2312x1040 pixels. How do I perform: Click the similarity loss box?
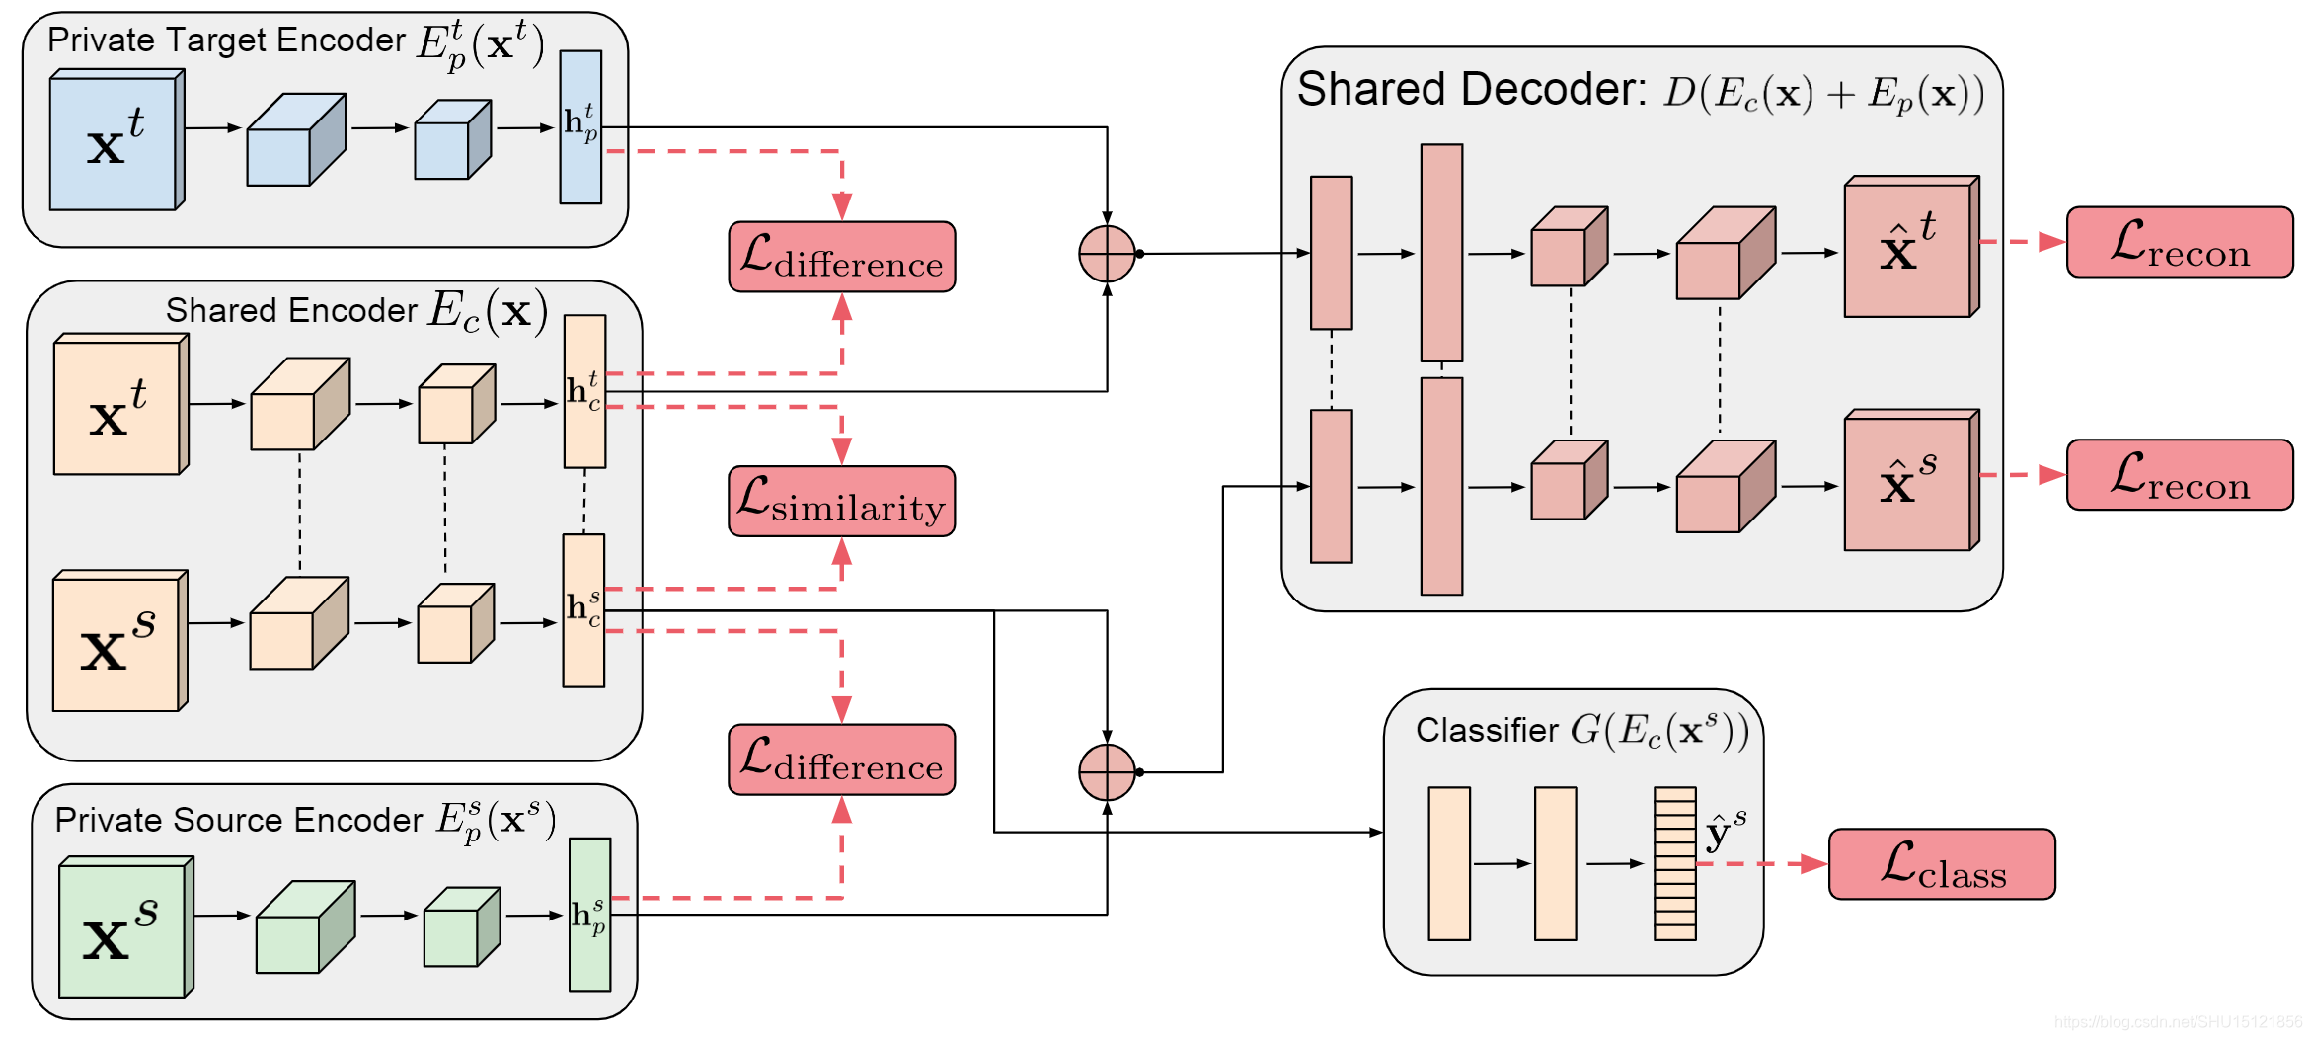click(x=841, y=502)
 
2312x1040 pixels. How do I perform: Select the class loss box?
click(x=1941, y=864)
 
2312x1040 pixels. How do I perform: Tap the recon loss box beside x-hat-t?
click(x=2179, y=242)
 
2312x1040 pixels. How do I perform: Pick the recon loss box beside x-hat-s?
click(x=2179, y=475)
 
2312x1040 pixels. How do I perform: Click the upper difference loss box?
click(x=841, y=257)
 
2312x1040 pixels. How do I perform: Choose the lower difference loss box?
click(x=841, y=760)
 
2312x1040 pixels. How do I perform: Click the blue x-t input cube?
click(x=116, y=141)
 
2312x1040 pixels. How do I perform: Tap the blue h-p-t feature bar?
click(x=580, y=127)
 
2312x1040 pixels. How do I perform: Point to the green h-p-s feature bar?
click(x=589, y=915)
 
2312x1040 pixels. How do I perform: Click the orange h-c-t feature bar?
click(x=584, y=391)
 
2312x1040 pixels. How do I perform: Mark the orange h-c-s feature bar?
click(x=583, y=610)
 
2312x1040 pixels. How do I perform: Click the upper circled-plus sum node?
click(x=1107, y=254)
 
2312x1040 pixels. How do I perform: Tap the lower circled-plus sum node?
click(x=1107, y=772)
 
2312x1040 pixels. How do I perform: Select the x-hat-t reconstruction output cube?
click(x=1909, y=248)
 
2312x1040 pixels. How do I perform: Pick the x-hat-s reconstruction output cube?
click(x=1909, y=481)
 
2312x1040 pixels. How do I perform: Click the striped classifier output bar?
click(x=1674, y=863)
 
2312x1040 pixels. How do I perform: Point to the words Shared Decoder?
click(x=1471, y=90)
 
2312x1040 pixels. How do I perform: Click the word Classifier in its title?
click(x=1487, y=730)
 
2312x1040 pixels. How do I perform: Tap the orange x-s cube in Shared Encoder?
click(x=118, y=643)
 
